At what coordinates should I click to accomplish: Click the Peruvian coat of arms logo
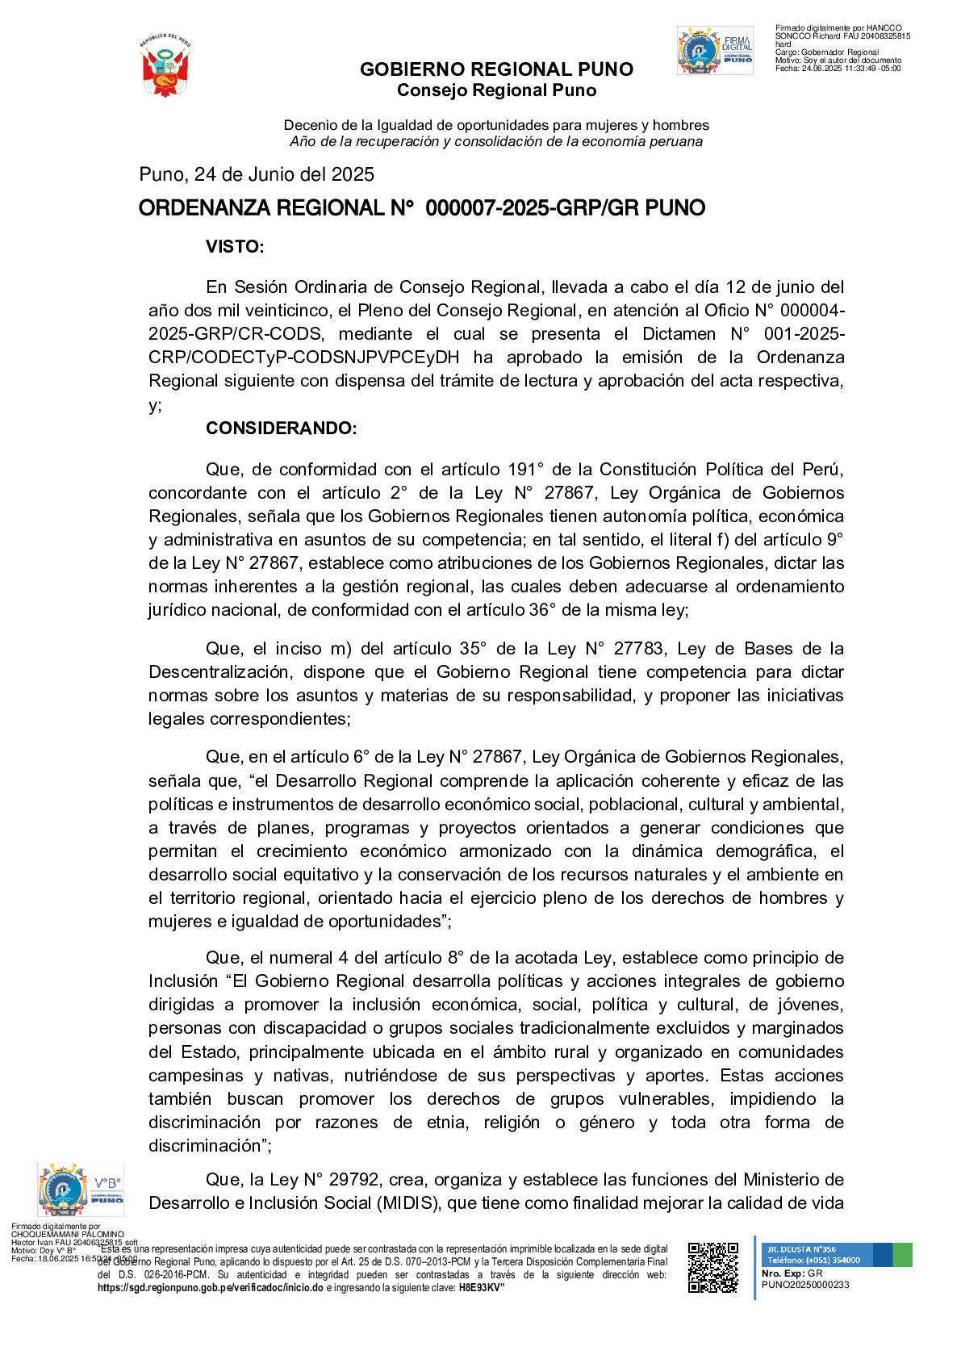[x=165, y=65]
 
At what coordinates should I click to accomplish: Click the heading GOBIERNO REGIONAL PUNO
[x=496, y=69]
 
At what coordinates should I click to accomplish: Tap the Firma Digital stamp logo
[x=715, y=51]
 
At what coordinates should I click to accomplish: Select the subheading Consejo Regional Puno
[x=496, y=90]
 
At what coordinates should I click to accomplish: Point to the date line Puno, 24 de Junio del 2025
[x=257, y=174]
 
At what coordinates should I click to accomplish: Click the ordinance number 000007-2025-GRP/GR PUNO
[x=565, y=208]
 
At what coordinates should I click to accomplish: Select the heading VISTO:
[x=235, y=247]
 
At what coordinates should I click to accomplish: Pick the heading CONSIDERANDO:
[x=281, y=429]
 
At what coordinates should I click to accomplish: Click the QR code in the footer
[x=712, y=1267]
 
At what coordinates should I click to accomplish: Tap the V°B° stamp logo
[x=81, y=1189]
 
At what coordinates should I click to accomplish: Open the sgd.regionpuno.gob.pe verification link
[x=210, y=1288]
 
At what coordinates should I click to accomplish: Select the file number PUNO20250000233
[x=805, y=1285]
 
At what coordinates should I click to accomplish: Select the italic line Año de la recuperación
[x=496, y=141]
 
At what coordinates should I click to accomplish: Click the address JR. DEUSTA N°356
[x=802, y=1249]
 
